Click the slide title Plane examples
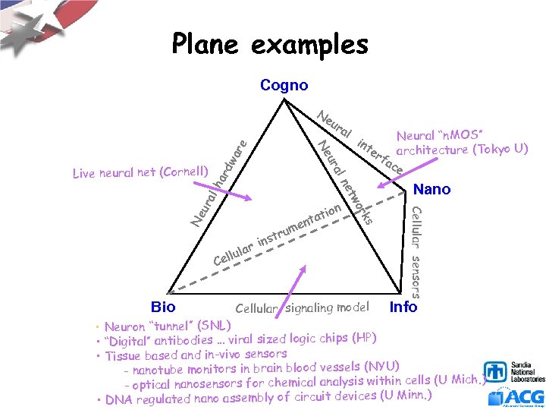[x=270, y=45]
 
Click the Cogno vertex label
[x=284, y=85]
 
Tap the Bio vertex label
[x=163, y=307]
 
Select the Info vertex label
[x=403, y=307]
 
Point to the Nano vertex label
[x=432, y=189]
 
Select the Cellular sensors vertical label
[x=416, y=251]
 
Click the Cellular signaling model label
[x=303, y=307]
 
